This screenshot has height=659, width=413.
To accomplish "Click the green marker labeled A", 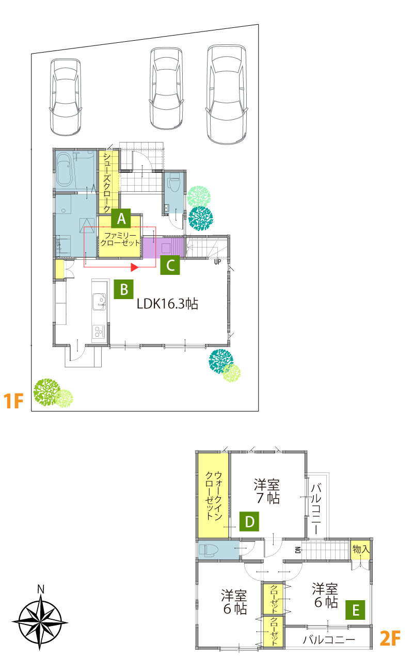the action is pyautogui.click(x=121, y=218).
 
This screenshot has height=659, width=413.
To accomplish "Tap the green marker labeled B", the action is pyautogui.click(x=124, y=289).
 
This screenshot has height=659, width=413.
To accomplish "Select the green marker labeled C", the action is pyautogui.click(x=170, y=265).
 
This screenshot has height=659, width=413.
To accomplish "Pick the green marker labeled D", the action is pyautogui.click(x=249, y=521).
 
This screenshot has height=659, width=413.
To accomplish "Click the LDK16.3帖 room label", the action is pyautogui.click(x=167, y=304).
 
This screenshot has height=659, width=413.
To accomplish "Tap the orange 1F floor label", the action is pyautogui.click(x=13, y=401).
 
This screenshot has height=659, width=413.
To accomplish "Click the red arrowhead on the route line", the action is pyautogui.click(x=135, y=267).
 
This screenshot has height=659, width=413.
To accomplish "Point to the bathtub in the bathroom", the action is pyautogui.click(x=64, y=170).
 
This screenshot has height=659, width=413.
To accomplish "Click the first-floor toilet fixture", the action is pyautogui.click(x=174, y=180).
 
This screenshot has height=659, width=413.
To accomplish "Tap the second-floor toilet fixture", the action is pyautogui.click(x=209, y=550).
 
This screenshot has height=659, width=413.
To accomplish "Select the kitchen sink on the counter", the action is pyautogui.click(x=99, y=302).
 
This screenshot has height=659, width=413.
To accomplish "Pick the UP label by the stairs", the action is pyautogui.click(x=217, y=262).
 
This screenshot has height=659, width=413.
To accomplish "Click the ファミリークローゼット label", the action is pyautogui.click(x=120, y=239).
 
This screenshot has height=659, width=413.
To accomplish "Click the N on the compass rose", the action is pyautogui.click(x=41, y=589).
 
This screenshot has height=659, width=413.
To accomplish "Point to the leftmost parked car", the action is pyautogui.click(x=66, y=97).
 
